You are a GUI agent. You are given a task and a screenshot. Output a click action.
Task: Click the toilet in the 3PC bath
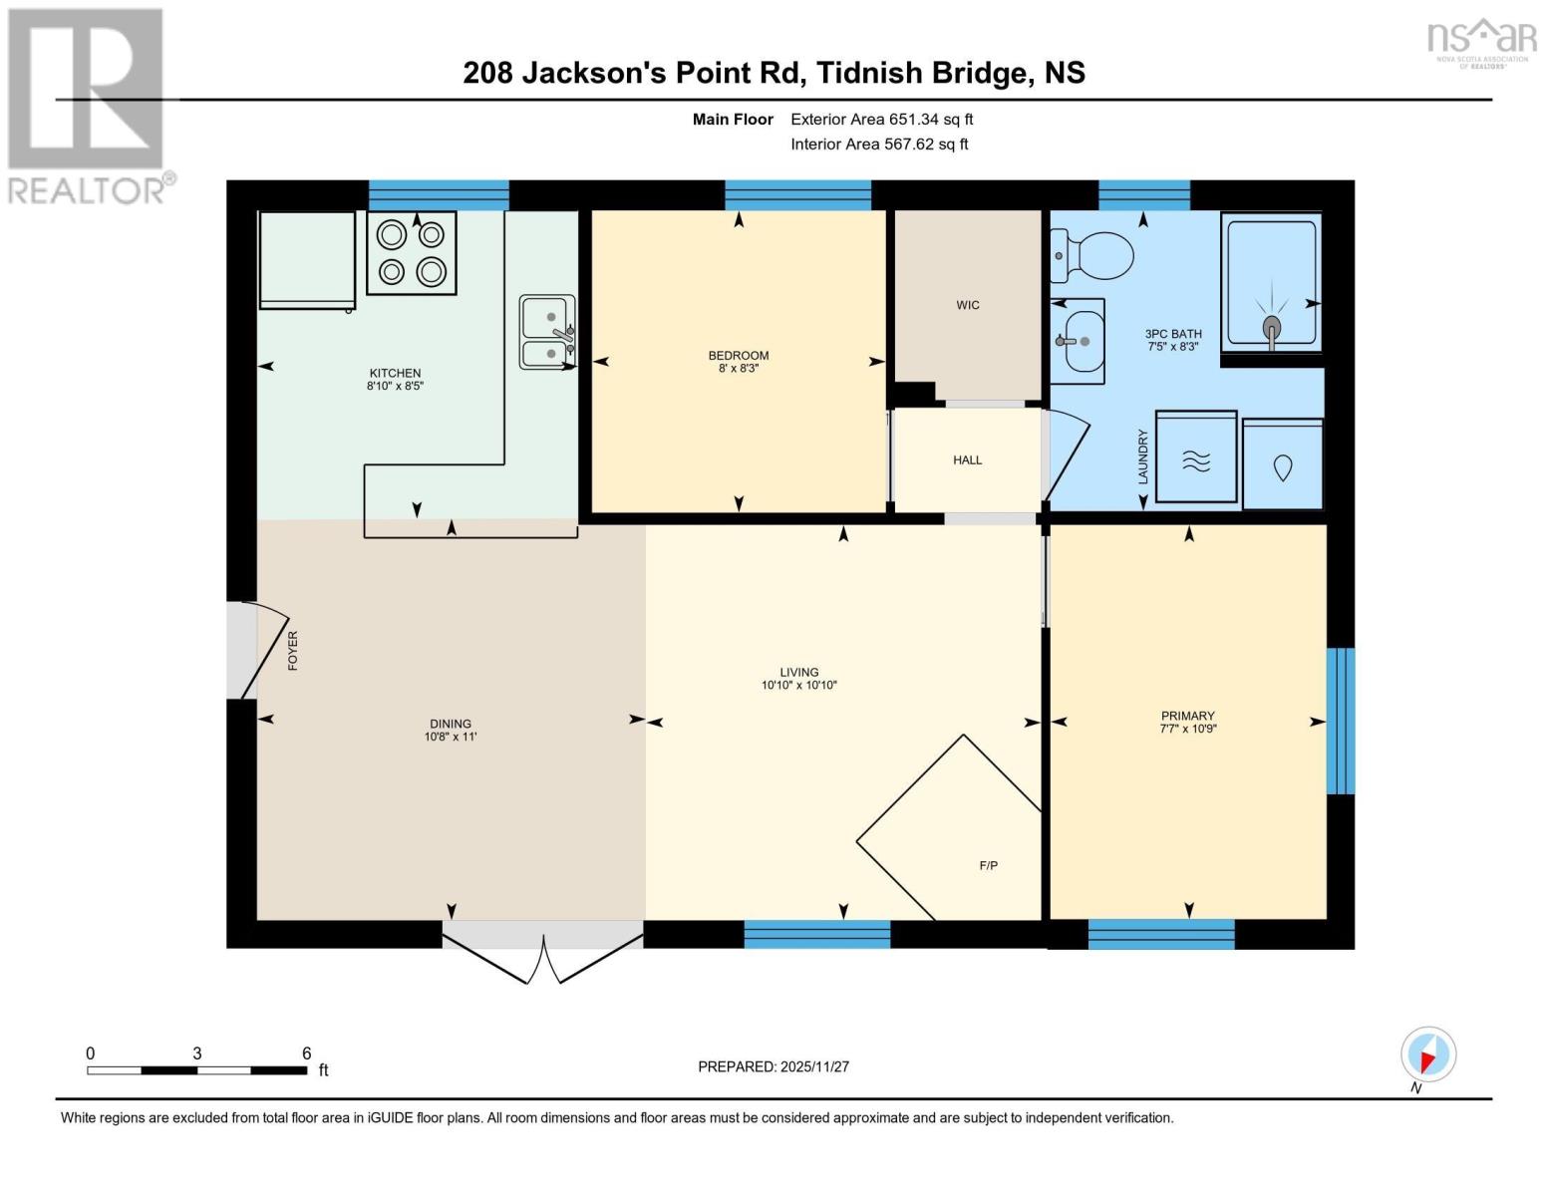[x=1093, y=255]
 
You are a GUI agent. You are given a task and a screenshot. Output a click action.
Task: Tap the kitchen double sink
[x=546, y=332]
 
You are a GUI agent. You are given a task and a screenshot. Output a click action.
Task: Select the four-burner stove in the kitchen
[x=411, y=253]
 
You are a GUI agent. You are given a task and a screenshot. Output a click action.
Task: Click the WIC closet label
[x=967, y=305]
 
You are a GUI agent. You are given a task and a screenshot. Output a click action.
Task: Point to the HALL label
[x=967, y=460]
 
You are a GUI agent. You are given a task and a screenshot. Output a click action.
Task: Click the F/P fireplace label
[x=988, y=866]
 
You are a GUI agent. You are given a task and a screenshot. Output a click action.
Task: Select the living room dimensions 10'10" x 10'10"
[x=798, y=686]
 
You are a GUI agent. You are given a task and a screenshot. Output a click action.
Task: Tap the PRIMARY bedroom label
[x=1187, y=716]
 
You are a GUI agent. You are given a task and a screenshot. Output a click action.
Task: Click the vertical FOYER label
[x=293, y=651]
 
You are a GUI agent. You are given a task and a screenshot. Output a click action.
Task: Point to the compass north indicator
[x=1428, y=1055]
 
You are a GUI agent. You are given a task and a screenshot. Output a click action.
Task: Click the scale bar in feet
[x=196, y=1070]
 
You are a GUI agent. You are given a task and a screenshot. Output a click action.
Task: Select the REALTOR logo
[x=87, y=105]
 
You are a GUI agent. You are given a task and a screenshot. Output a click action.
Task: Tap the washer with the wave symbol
[x=1195, y=458]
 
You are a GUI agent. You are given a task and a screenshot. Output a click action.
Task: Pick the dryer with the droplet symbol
[x=1282, y=465]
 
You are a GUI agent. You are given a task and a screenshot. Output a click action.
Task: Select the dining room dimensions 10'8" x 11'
[x=451, y=738]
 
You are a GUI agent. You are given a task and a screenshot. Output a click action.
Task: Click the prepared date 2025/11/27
[x=773, y=1066]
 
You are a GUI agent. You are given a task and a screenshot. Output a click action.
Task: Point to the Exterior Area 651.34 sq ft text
[x=881, y=120]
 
